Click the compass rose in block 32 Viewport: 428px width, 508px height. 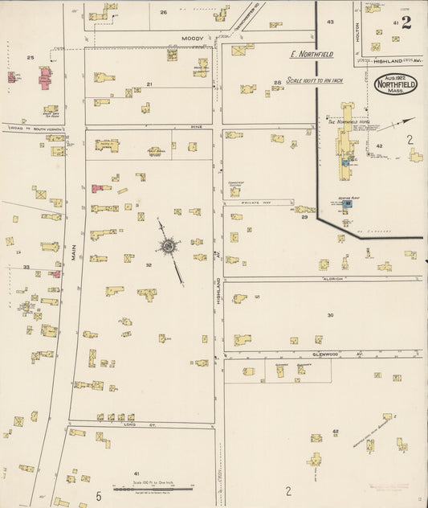pyautogui.click(x=169, y=246)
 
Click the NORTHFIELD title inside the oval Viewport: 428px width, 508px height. pyautogui.click(x=395, y=83)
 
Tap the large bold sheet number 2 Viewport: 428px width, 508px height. pyautogui.click(x=406, y=23)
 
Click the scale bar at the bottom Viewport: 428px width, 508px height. pyautogui.click(x=152, y=488)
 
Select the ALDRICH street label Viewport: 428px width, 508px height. pyautogui.click(x=332, y=278)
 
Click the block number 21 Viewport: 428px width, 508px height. pyautogui.click(x=149, y=84)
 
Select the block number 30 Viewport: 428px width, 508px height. pyautogui.click(x=330, y=315)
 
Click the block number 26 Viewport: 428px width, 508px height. pyautogui.click(x=164, y=12)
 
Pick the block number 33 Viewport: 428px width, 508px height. pyautogui.click(x=26, y=267)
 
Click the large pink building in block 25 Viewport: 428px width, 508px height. pyautogui.click(x=45, y=78)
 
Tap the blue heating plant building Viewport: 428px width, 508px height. pyautogui.click(x=348, y=204)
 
